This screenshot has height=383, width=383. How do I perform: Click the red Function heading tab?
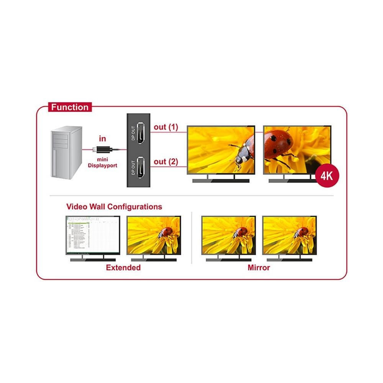tap(70, 107)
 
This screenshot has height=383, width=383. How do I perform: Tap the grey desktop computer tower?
tap(67, 153)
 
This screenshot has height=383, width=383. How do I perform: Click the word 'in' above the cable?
tap(102, 139)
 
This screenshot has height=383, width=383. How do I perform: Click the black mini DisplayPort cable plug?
tap(103, 149)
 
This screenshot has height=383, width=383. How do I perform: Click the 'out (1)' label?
tap(166, 127)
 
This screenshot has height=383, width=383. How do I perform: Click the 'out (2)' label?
tap(166, 162)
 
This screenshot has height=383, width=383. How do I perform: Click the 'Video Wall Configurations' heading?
tap(114, 207)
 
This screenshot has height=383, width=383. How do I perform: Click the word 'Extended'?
tap(123, 268)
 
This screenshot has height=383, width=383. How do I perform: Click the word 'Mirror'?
tap(259, 268)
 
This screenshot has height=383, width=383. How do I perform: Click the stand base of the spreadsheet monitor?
tap(93, 259)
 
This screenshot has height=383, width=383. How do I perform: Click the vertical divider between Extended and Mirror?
tap(191, 237)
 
